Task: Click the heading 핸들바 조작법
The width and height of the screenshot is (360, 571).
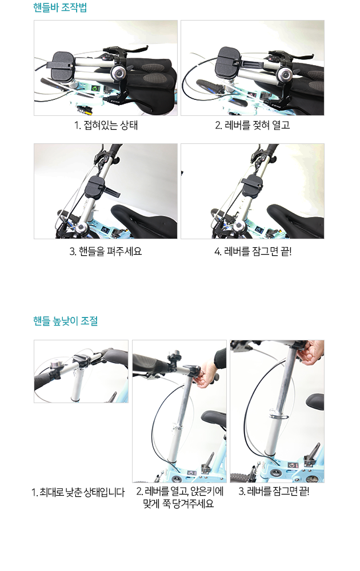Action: (x=60, y=7)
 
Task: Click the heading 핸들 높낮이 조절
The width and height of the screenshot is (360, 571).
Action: (x=65, y=321)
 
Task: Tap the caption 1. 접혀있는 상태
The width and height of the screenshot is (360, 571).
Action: (x=106, y=125)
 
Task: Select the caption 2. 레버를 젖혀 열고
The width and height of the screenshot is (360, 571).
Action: (x=252, y=125)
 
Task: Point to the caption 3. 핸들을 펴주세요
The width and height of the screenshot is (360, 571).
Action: (x=106, y=251)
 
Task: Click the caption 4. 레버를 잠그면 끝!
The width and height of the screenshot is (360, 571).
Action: (x=253, y=251)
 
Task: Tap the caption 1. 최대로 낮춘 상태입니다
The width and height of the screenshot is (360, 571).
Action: (x=78, y=492)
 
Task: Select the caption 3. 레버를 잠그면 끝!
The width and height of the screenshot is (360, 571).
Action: (x=274, y=492)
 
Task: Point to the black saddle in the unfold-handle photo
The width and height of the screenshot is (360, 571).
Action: (x=145, y=220)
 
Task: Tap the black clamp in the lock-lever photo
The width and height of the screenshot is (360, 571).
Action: (x=252, y=186)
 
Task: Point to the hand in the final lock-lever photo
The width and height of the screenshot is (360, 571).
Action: (x=310, y=352)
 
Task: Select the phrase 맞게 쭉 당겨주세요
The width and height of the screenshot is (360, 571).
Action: (x=178, y=504)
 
